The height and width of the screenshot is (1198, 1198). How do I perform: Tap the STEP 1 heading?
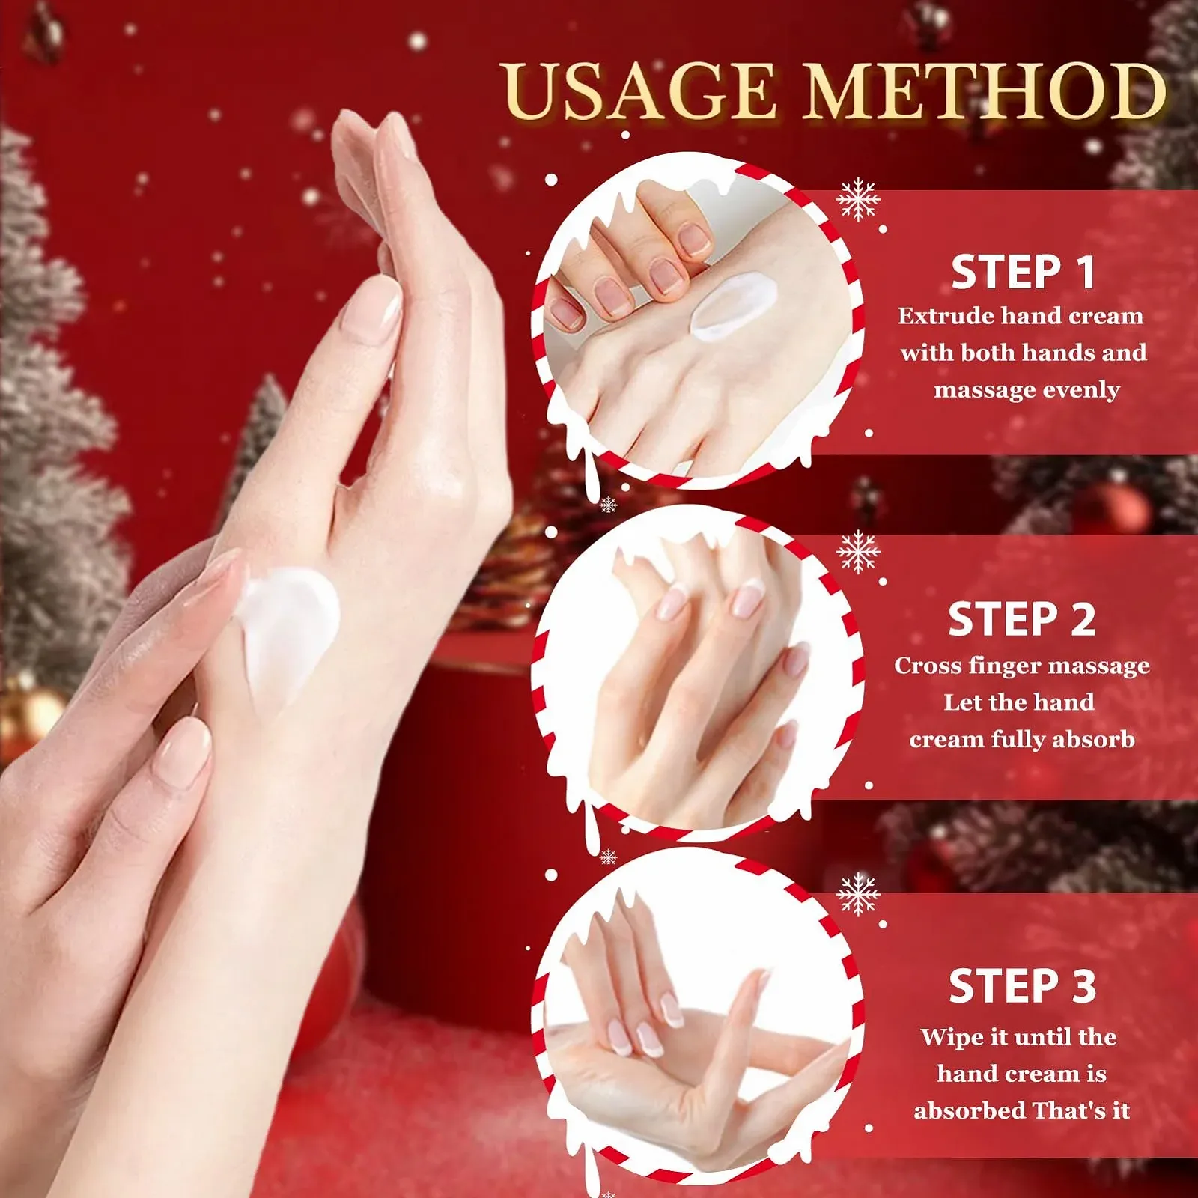pos(1023,272)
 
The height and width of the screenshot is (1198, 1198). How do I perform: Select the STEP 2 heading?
pos(1022,620)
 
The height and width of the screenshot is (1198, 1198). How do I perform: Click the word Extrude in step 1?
pos(945,316)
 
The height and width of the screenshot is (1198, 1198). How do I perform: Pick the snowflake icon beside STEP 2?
pos(858,552)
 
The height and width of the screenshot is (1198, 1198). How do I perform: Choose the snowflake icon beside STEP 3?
pos(858,894)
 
